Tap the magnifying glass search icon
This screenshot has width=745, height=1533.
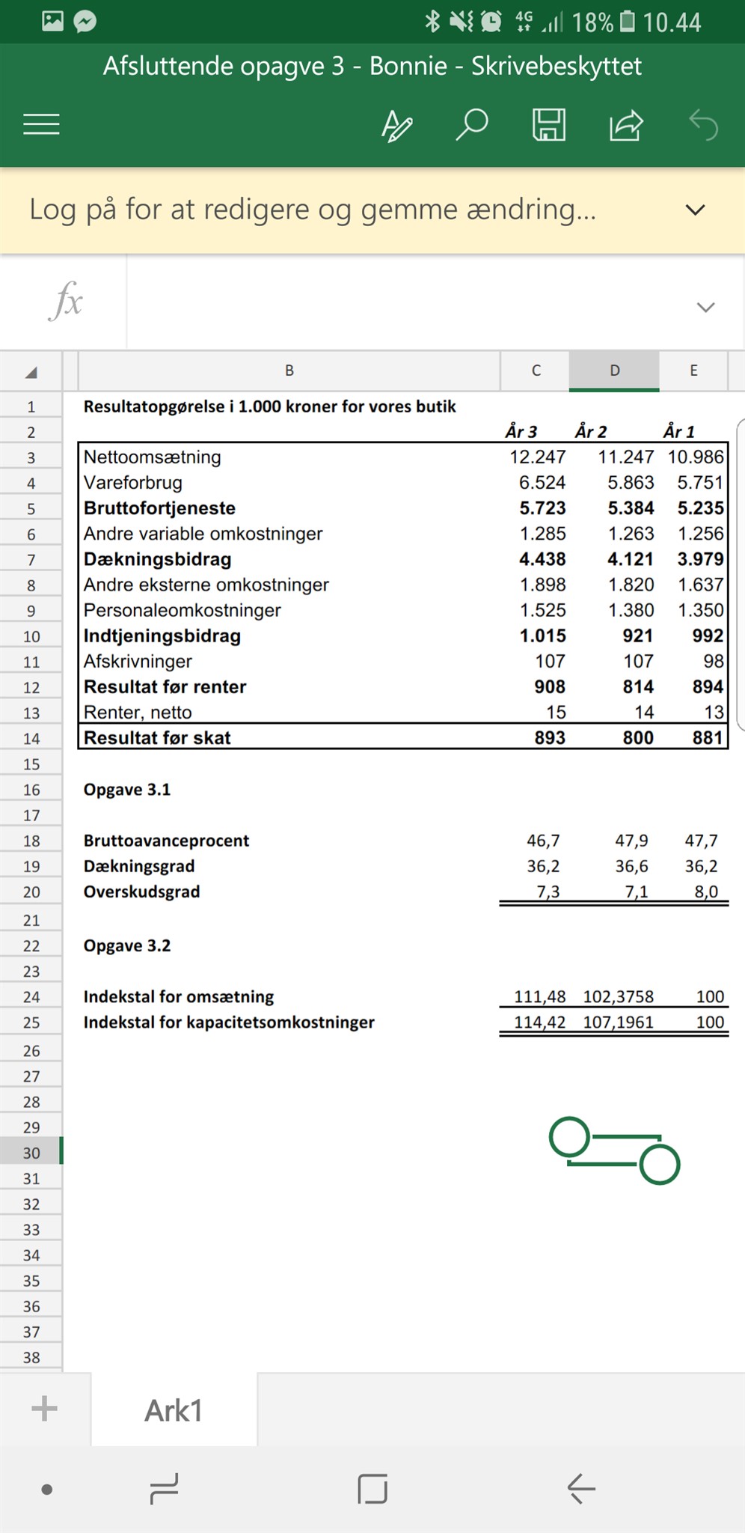click(x=472, y=124)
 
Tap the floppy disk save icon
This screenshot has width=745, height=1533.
click(x=548, y=124)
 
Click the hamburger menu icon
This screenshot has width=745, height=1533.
click(x=41, y=124)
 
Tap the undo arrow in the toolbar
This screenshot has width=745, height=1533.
click(x=703, y=124)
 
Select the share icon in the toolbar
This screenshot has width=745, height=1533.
click(x=626, y=124)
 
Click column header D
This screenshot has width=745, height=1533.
click(x=614, y=371)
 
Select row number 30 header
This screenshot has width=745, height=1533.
click(x=31, y=1153)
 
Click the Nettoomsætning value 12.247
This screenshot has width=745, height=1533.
click(x=537, y=457)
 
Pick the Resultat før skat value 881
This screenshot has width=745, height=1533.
click(x=707, y=738)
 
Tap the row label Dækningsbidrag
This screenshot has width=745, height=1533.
click(x=157, y=560)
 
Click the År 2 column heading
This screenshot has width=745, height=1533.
click(x=591, y=432)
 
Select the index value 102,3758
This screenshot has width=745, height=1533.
click(x=618, y=997)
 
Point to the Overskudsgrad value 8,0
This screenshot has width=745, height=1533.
click(x=705, y=892)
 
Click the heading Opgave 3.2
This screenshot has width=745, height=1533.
click(x=127, y=946)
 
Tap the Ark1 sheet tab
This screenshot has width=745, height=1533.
click(x=174, y=1410)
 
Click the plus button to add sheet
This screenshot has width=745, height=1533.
click(x=44, y=1408)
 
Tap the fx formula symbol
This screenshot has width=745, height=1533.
click(x=66, y=302)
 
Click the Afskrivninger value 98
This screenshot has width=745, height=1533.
click(x=713, y=662)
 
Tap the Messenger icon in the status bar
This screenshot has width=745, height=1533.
click(x=85, y=21)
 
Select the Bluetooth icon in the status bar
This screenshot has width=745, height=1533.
click(x=432, y=21)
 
